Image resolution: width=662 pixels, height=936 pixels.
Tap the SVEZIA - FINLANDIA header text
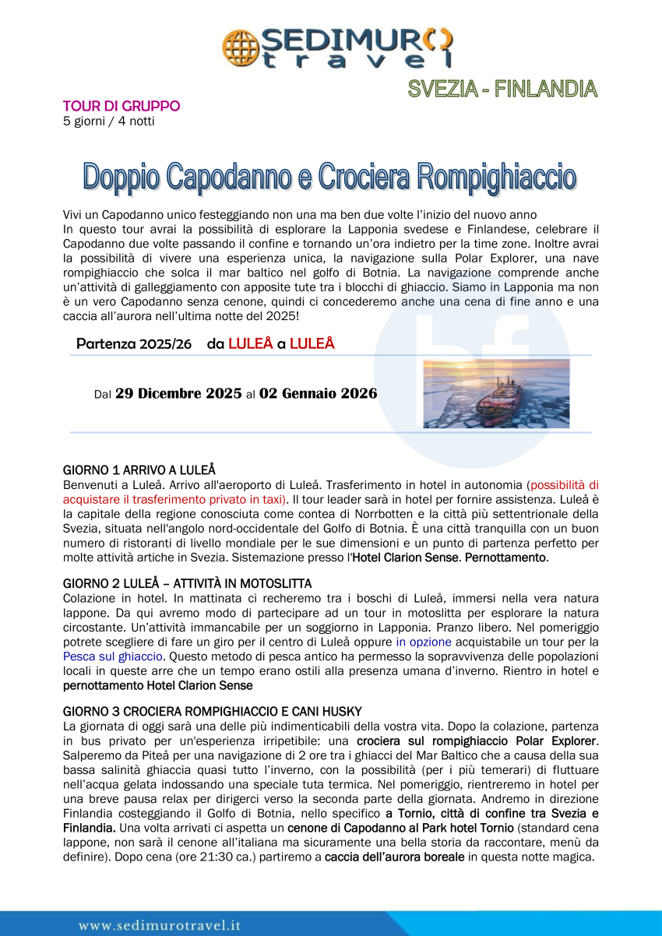pos(503,90)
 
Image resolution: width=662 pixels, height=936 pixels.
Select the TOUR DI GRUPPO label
pos(121,106)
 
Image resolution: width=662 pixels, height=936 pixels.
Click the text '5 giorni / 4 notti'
pos(108,121)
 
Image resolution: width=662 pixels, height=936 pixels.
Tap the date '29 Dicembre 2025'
pos(178,394)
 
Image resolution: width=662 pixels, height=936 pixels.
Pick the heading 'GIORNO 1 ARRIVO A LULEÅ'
pos(139,470)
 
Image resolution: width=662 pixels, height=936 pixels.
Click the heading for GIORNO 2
pos(187,583)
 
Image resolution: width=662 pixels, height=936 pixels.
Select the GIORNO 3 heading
pos(212,711)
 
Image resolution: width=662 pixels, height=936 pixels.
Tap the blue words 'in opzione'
pos(424,642)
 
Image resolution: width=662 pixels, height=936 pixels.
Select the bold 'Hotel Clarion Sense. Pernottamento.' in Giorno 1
pos(451,558)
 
